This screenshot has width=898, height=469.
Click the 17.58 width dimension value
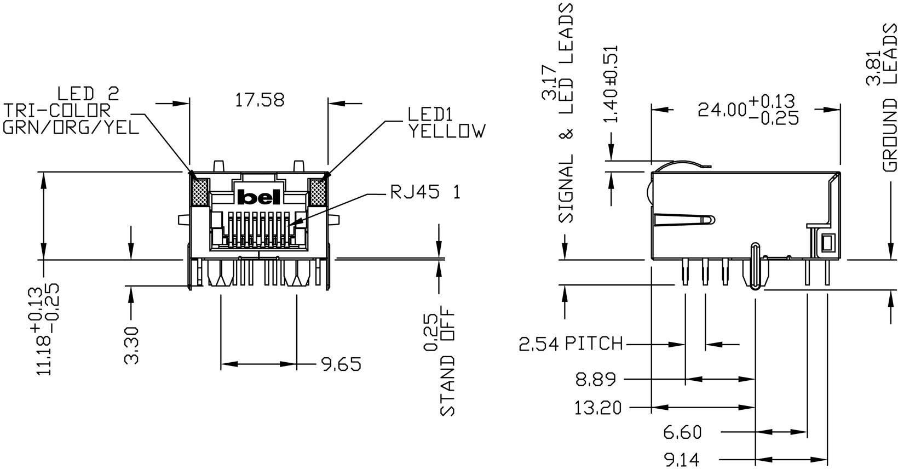(x=260, y=100)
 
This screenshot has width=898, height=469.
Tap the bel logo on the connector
(x=259, y=197)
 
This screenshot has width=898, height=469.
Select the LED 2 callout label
(x=88, y=93)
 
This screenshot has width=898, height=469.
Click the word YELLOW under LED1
(x=446, y=131)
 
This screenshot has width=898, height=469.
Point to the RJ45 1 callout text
(x=425, y=193)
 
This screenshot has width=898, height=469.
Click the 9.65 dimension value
(x=341, y=364)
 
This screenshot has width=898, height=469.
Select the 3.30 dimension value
(x=132, y=345)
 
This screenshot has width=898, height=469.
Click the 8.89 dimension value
(x=595, y=379)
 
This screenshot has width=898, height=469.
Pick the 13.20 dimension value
(x=598, y=408)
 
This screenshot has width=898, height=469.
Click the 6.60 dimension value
(x=682, y=433)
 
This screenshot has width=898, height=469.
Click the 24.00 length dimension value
(x=723, y=110)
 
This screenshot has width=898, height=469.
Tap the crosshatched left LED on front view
(x=199, y=192)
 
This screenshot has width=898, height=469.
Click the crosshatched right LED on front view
(x=317, y=192)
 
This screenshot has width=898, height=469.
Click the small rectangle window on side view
(x=827, y=242)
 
